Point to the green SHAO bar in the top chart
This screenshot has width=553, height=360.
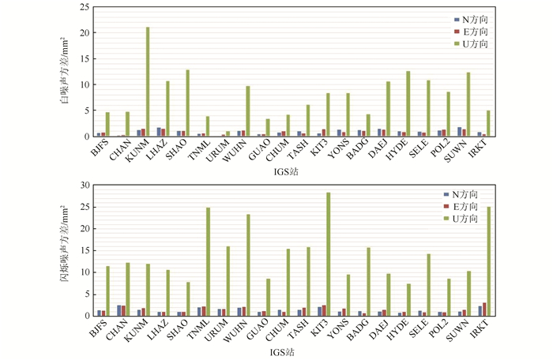[187, 103]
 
